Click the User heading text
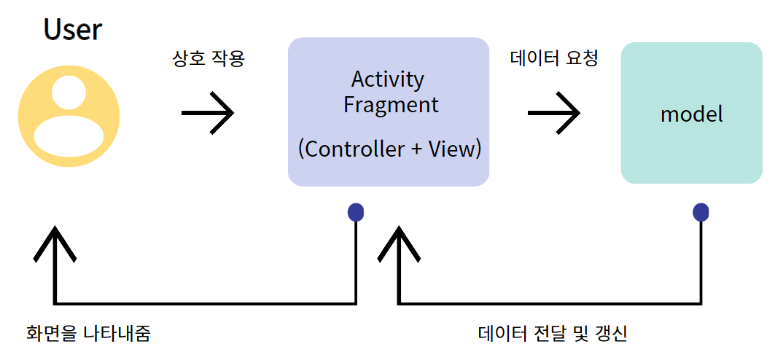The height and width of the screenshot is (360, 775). point(73,29)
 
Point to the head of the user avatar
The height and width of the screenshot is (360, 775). point(69,92)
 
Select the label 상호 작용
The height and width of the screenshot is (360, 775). point(208,59)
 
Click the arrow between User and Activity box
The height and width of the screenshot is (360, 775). point(208,112)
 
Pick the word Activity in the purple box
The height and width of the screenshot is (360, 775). point(388,79)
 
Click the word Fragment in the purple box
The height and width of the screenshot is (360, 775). point(392,105)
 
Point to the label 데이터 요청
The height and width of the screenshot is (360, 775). point(554,59)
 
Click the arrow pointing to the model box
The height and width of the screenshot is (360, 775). point(554,112)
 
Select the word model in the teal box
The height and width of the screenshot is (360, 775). point(691,114)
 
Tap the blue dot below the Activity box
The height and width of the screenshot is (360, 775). point(356,212)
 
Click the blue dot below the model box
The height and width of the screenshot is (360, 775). point(701,212)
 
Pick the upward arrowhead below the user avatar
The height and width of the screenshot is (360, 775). point(55,244)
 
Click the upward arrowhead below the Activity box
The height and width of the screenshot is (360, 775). point(399,244)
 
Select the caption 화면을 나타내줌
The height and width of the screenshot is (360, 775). point(88,334)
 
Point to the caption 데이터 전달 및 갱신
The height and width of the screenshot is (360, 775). point(553,334)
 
